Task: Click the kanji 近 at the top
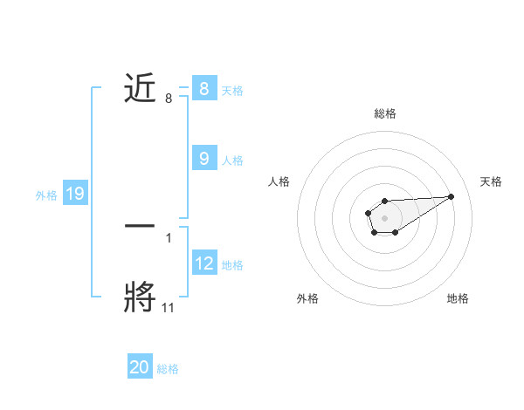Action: (x=141, y=88)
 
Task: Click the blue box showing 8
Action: (x=203, y=89)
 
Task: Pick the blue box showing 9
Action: (x=203, y=159)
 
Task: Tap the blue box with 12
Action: (x=203, y=263)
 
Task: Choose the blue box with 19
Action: (x=75, y=194)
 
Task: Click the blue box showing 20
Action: (x=140, y=368)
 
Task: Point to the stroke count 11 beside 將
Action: (x=169, y=307)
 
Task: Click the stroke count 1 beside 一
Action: (x=168, y=237)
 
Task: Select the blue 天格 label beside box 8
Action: (x=232, y=90)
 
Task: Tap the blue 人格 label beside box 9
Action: (x=232, y=160)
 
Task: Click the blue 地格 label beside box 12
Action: (x=232, y=264)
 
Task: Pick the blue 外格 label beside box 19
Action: (x=46, y=195)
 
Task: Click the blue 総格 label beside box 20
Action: (x=169, y=369)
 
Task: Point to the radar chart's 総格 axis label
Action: (x=384, y=113)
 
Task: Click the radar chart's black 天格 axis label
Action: (x=491, y=181)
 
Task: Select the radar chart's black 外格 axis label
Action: (x=307, y=298)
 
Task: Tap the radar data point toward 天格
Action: (x=452, y=195)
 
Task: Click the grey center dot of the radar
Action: (x=384, y=217)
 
